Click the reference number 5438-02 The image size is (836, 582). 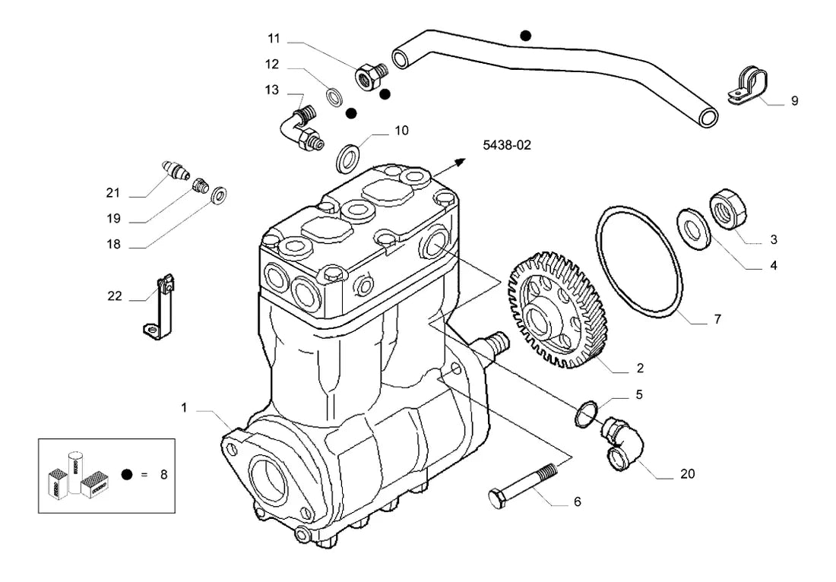[506, 145]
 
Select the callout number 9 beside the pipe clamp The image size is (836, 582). [794, 101]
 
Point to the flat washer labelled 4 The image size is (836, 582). [693, 230]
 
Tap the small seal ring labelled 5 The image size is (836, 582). [587, 413]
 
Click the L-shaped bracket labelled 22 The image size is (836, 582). [160, 308]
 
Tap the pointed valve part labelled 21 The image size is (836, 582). [176, 169]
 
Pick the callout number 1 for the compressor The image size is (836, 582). [184, 408]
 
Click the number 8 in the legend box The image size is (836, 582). [163, 474]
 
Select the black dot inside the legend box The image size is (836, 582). [127, 474]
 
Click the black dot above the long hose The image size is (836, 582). [526, 36]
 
